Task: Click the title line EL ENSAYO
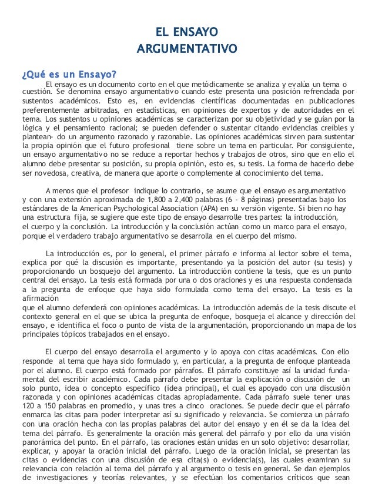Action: pos(187,31)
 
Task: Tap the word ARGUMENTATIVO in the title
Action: pos(187,46)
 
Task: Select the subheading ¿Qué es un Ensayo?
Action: pos(69,74)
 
